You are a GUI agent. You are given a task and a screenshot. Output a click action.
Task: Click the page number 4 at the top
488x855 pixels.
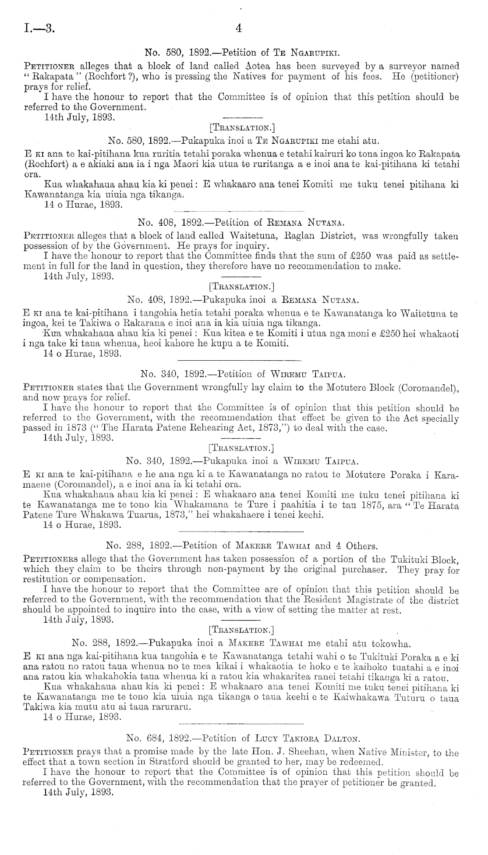(x=238, y=29)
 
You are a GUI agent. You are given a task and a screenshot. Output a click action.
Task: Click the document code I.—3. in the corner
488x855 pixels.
(x=39, y=29)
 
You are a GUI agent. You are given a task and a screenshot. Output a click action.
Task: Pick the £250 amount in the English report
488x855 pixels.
(x=363, y=256)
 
